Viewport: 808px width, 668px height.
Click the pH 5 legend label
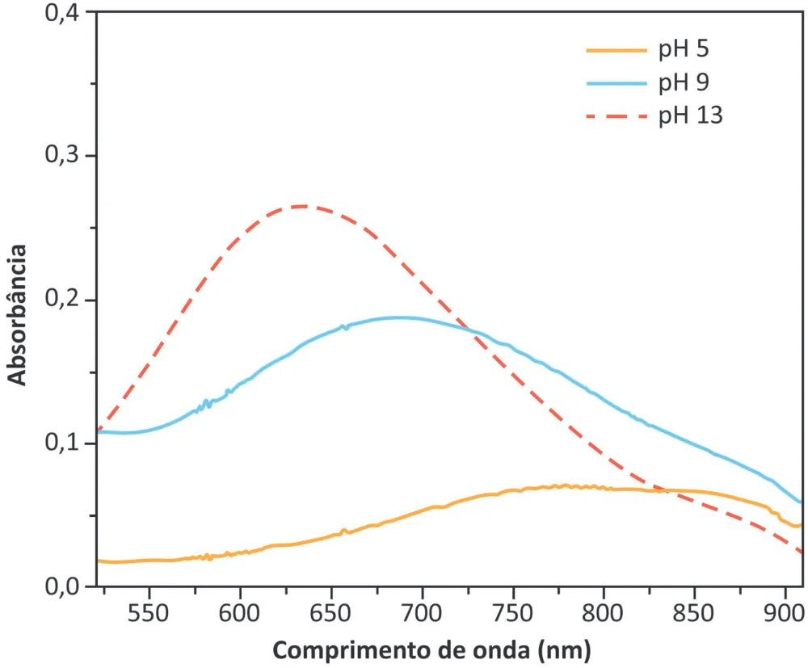(684, 49)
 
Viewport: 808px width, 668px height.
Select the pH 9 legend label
(684, 82)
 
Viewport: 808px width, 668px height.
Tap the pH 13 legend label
(691, 116)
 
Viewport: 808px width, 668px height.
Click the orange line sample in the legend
(617, 50)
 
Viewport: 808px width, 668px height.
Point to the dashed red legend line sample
(617, 116)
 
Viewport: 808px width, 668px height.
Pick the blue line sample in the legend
(617, 83)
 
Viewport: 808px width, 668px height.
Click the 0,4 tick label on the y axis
(62, 13)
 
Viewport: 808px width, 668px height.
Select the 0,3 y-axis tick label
(62, 154)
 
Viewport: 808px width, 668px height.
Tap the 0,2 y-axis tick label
(62, 298)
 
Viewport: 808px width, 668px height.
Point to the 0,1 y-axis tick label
(62, 442)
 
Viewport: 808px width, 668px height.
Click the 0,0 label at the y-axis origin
(62, 586)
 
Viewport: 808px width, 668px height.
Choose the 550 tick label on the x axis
(149, 613)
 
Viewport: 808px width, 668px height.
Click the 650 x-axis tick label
(330, 613)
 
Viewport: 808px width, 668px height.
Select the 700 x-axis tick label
(422, 613)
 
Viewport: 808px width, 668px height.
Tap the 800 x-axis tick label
(603, 613)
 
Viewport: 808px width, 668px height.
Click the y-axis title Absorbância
(16, 315)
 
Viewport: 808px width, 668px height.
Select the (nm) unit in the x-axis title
(565, 650)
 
